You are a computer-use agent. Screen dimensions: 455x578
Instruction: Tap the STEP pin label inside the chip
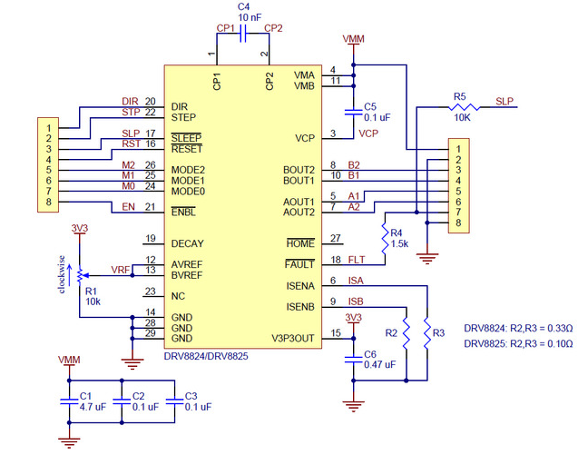[x=184, y=118]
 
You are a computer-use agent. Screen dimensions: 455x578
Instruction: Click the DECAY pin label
[x=188, y=243]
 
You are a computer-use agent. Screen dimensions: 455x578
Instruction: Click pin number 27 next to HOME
[x=335, y=239]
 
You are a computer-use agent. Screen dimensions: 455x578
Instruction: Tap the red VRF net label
[x=119, y=269]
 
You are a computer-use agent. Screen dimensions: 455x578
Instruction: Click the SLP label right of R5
[x=505, y=101]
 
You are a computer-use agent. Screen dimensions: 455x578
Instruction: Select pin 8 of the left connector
[x=45, y=202]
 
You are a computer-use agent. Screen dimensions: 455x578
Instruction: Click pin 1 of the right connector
[x=461, y=147]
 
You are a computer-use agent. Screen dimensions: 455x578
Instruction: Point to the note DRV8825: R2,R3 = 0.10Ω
[x=518, y=344]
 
